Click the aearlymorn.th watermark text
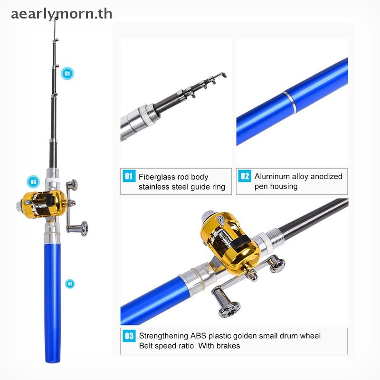click(62, 14)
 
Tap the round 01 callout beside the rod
click(67, 74)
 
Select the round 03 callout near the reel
click(33, 182)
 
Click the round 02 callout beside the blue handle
click(70, 284)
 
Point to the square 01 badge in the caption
click(129, 176)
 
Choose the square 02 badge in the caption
click(245, 176)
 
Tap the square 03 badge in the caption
click(129, 336)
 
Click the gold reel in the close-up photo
click(230, 241)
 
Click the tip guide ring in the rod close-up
click(222, 75)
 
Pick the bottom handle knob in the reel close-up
click(229, 310)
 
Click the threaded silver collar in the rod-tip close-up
click(152, 114)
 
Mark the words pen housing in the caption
click(276, 186)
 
